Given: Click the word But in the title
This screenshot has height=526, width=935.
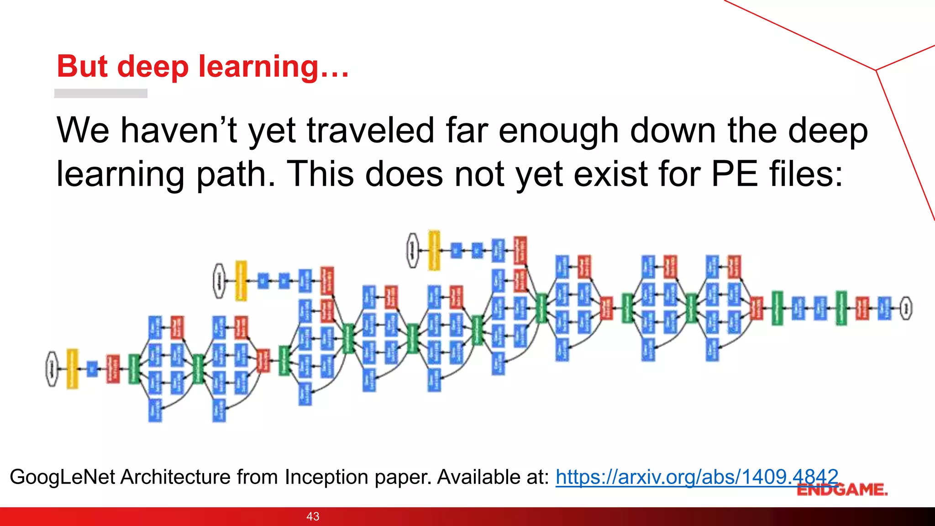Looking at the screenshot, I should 84,67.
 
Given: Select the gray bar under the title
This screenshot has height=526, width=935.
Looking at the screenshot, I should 100,93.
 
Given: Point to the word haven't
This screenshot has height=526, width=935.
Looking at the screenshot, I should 179,131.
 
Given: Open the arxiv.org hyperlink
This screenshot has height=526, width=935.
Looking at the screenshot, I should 697,477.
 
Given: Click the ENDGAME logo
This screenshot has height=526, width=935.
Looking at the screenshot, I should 842,490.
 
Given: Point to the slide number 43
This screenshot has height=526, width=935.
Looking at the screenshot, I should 313,516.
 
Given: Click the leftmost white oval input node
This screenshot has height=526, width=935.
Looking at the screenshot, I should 52,369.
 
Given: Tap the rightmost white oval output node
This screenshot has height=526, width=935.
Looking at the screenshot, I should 906,308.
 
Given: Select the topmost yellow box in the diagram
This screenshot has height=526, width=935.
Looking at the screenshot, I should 434,250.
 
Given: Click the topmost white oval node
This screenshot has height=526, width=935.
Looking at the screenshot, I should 413,250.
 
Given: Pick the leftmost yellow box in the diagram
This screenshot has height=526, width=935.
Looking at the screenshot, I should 72,369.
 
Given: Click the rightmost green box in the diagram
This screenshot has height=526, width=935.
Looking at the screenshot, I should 841,308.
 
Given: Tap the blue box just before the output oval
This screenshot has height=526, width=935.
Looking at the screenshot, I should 884,308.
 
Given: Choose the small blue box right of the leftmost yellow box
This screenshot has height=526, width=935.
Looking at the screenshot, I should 92,369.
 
